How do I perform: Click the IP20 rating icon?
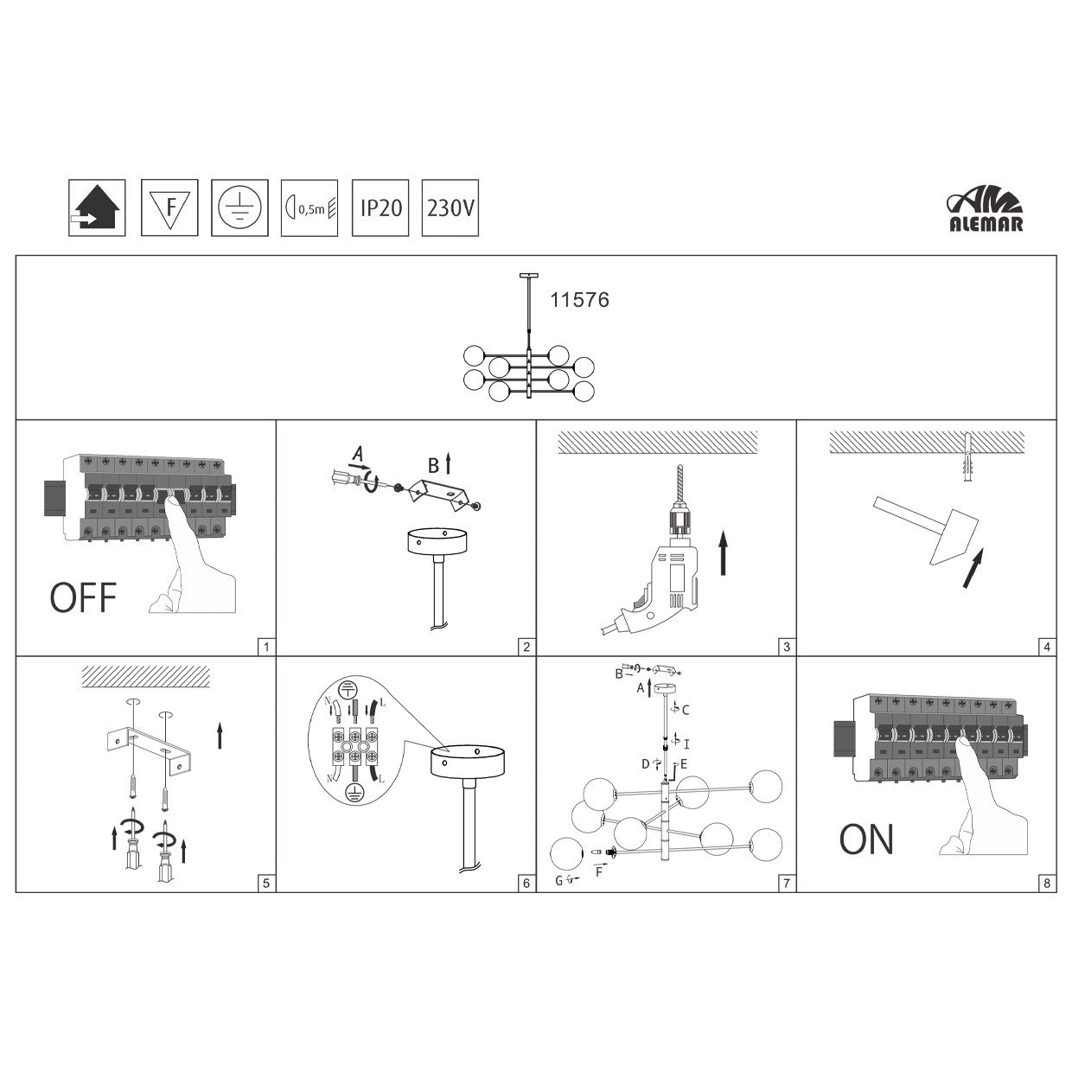coord(380,207)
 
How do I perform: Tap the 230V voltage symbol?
coord(450,207)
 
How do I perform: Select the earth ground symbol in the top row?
coord(239,207)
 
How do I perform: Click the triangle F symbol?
coord(169,207)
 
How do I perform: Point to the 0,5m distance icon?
coord(309,207)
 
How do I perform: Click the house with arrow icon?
coord(97,207)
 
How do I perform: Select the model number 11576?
coord(580,300)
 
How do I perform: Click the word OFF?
coord(84,597)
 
